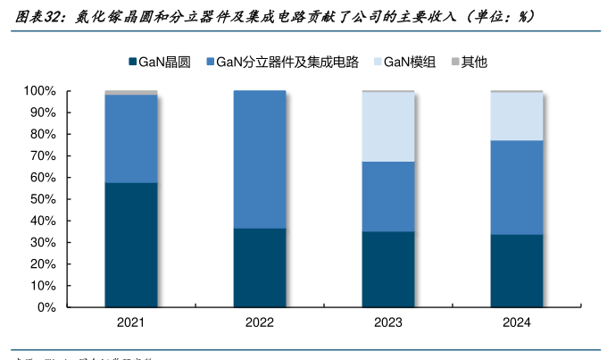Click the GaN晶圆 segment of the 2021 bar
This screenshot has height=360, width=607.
(131, 245)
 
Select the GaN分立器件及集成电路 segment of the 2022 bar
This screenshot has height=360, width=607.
(260, 159)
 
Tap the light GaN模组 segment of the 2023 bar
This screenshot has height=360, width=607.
(388, 127)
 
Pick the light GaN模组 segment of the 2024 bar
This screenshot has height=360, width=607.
(517, 116)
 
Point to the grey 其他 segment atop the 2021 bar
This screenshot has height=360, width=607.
(131, 92)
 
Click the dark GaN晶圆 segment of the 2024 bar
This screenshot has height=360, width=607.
(517, 271)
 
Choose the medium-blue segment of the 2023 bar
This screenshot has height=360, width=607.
(388, 197)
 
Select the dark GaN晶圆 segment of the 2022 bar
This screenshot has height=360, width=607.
(260, 267)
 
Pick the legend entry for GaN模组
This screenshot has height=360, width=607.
(409, 62)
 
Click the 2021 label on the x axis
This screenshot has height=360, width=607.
(131, 322)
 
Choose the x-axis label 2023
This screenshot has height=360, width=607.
(388, 322)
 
